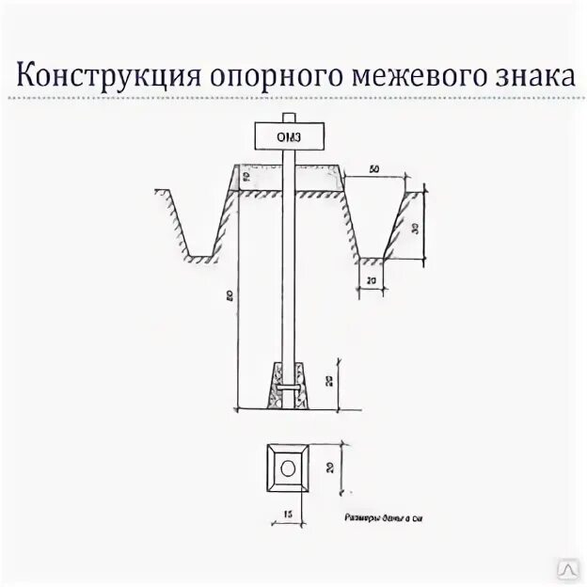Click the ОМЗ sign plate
290,137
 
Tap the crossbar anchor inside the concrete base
290,388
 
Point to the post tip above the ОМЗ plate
290,119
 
